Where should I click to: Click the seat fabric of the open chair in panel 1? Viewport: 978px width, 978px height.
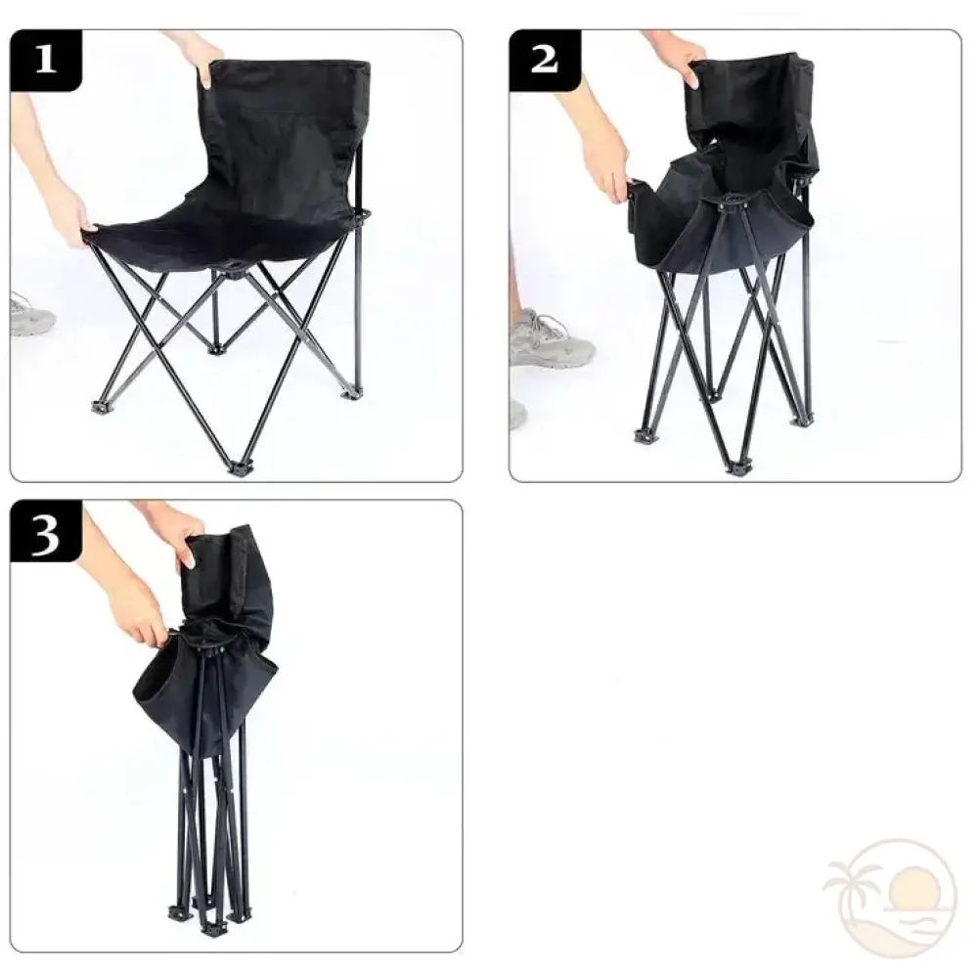[x=225, y=235]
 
